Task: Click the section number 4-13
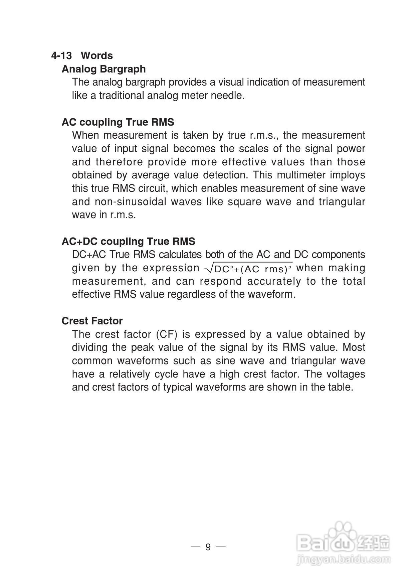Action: tap(61, 55)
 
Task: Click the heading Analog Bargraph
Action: tap(103, 69)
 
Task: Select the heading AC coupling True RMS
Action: tap(118, 122)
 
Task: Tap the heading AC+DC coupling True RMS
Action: tap(129, 241)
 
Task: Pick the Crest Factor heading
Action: tap(92, 321)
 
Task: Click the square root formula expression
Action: tap(249, 268)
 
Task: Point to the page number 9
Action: tap(208, 547)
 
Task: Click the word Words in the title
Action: tap(97, 55)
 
